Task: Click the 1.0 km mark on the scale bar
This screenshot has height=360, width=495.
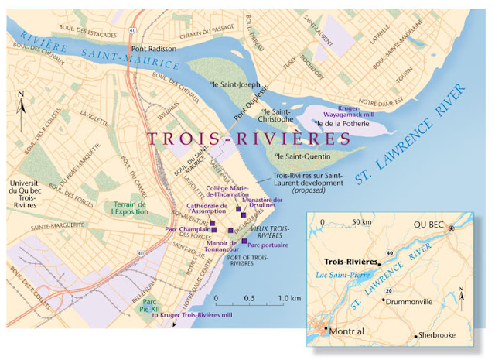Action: pos(289,298)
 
